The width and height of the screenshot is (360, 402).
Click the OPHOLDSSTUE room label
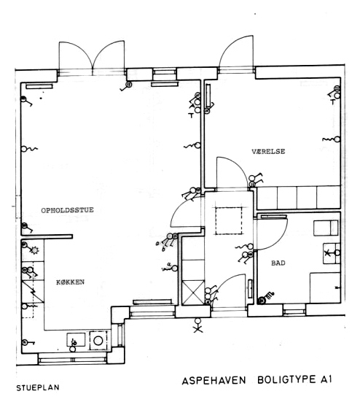67,210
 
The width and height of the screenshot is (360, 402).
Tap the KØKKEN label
70,282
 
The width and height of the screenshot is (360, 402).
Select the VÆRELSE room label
268,152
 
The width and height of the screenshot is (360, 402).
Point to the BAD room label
278,263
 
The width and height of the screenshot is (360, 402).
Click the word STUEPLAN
38,387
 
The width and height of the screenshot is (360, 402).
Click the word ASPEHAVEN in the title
214,380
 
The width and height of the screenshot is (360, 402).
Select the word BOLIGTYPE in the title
286,379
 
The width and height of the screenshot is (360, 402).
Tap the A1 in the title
326,379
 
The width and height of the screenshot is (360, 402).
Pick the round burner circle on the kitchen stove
98,341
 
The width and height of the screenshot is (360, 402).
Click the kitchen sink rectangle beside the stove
76,339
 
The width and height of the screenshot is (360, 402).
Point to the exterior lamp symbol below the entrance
197,325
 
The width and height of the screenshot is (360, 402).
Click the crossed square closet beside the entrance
193,293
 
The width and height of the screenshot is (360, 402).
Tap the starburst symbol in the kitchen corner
34,250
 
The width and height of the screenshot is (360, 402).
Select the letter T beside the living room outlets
191,115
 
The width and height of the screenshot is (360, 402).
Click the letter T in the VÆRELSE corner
332,102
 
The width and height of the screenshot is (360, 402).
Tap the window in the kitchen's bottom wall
72,359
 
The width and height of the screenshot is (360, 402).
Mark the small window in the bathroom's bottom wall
294,311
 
